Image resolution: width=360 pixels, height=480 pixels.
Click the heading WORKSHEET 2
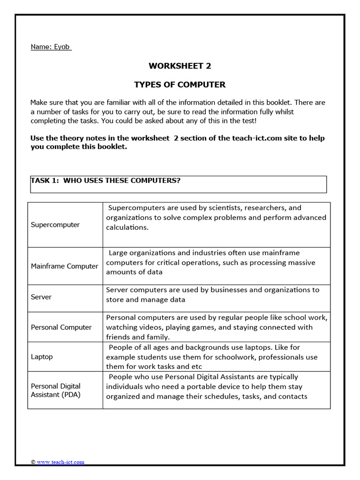coord(180,66)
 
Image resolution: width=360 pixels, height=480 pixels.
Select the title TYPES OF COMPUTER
coord(180,85)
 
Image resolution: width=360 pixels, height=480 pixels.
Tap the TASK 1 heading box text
coord(105,181)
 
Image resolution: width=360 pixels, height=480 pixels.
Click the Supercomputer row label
coord(55,225)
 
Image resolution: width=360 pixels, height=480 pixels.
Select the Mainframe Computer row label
coord(64,266)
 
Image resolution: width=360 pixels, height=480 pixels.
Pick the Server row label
coord(41,297)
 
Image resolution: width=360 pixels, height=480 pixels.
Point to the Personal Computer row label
coord(61,327)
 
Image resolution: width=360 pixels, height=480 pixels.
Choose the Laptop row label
coord(42,357)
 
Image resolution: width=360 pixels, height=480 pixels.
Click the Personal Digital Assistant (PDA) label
coord(56,390)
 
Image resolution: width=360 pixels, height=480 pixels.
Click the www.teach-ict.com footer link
coord(60,462)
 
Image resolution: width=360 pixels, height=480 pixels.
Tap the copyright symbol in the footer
coord(33,462)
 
